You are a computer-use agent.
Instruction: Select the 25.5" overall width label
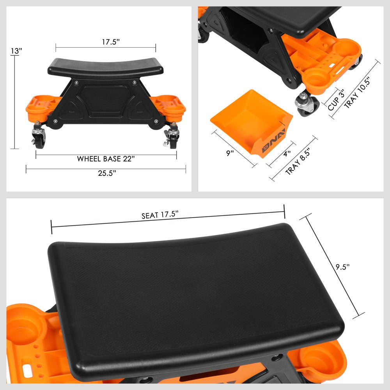tap(106, 174)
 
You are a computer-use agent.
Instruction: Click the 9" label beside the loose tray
tap(230, 153)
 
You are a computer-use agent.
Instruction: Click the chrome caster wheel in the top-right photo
tap(307, 104)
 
